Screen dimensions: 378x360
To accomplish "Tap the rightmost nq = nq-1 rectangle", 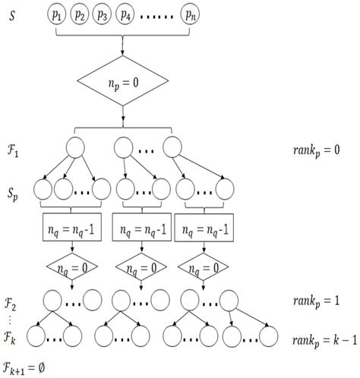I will pos(204,226).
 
